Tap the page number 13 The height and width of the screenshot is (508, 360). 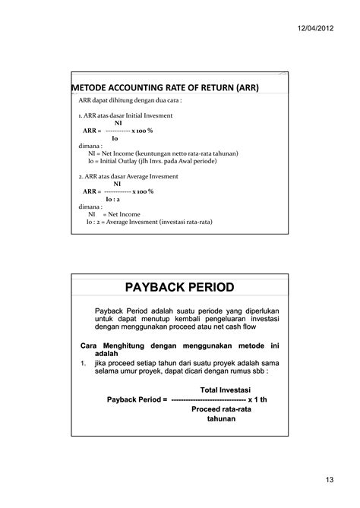pos(328,478)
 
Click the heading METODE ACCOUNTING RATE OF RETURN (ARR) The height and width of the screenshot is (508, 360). pos(165,88)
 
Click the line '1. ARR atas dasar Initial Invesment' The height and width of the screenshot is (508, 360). pos(125,115)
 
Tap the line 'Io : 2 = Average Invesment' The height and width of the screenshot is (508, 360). pos(149,222)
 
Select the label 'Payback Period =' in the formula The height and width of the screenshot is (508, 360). pos(137,399)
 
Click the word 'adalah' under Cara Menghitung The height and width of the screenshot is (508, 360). pos(107,354)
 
